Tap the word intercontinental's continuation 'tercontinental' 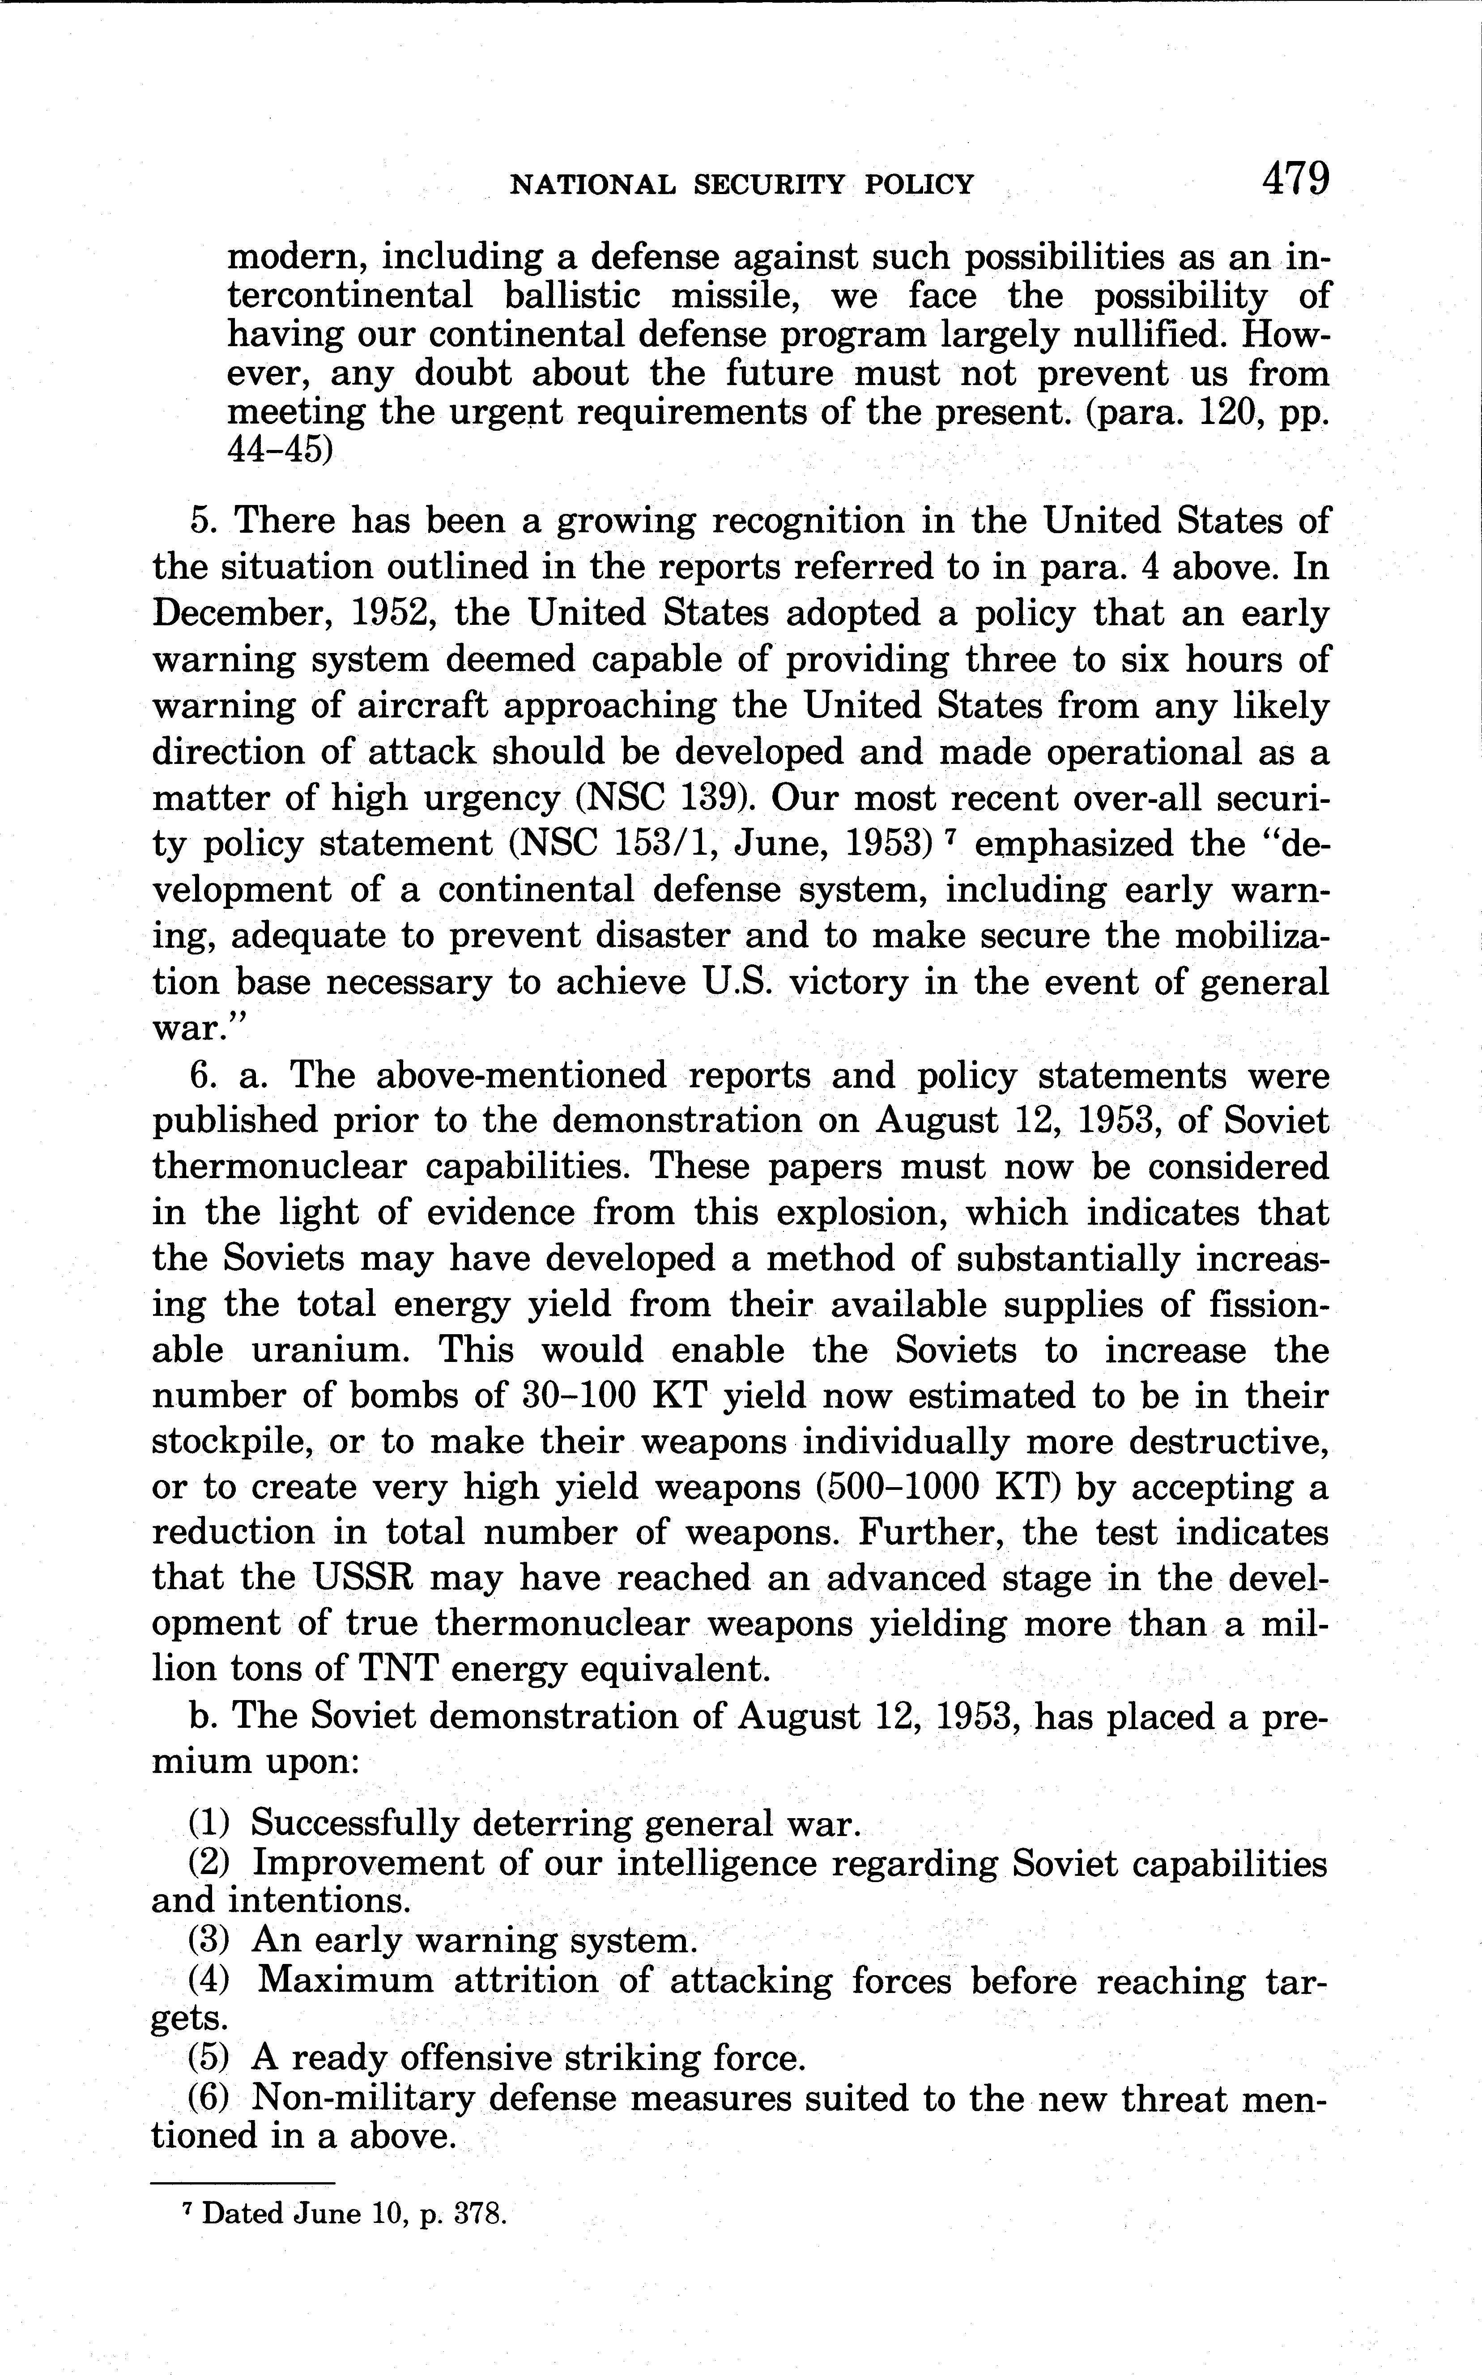[x=349, y=296]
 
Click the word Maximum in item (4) [x=345, y=1981]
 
